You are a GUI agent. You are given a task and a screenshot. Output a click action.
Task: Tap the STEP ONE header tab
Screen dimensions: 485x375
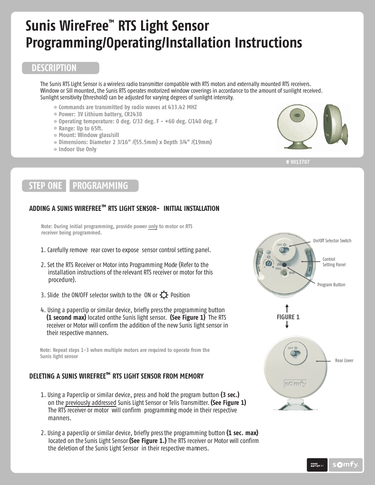45,186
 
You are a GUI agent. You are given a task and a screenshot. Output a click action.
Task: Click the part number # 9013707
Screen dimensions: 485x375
298,162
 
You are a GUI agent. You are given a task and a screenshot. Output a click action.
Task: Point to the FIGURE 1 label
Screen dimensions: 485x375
288,317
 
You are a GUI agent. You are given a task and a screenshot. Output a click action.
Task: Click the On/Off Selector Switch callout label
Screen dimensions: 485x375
332,241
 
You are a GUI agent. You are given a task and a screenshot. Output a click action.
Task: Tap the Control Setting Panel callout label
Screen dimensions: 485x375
334,262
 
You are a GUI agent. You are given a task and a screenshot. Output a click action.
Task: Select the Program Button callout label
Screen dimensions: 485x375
331,285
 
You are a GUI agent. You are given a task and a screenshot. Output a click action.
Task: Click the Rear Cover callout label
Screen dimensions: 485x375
344,361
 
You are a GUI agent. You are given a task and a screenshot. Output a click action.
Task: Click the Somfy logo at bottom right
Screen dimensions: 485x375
346,465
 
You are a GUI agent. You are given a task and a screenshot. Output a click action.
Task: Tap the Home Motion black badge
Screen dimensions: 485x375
317,465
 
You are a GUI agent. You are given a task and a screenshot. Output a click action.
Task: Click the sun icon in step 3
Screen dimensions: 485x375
164,295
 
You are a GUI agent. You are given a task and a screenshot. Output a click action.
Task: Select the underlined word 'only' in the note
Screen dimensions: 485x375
153,227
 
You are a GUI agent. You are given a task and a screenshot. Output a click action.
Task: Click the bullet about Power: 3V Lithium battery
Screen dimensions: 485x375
100,114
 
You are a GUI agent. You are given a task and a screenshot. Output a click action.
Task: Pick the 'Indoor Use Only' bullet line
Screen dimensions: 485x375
77,149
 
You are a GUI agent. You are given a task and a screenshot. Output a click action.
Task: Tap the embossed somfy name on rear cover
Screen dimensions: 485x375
295,384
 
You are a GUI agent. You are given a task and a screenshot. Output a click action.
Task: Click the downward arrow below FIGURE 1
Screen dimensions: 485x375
287,325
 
